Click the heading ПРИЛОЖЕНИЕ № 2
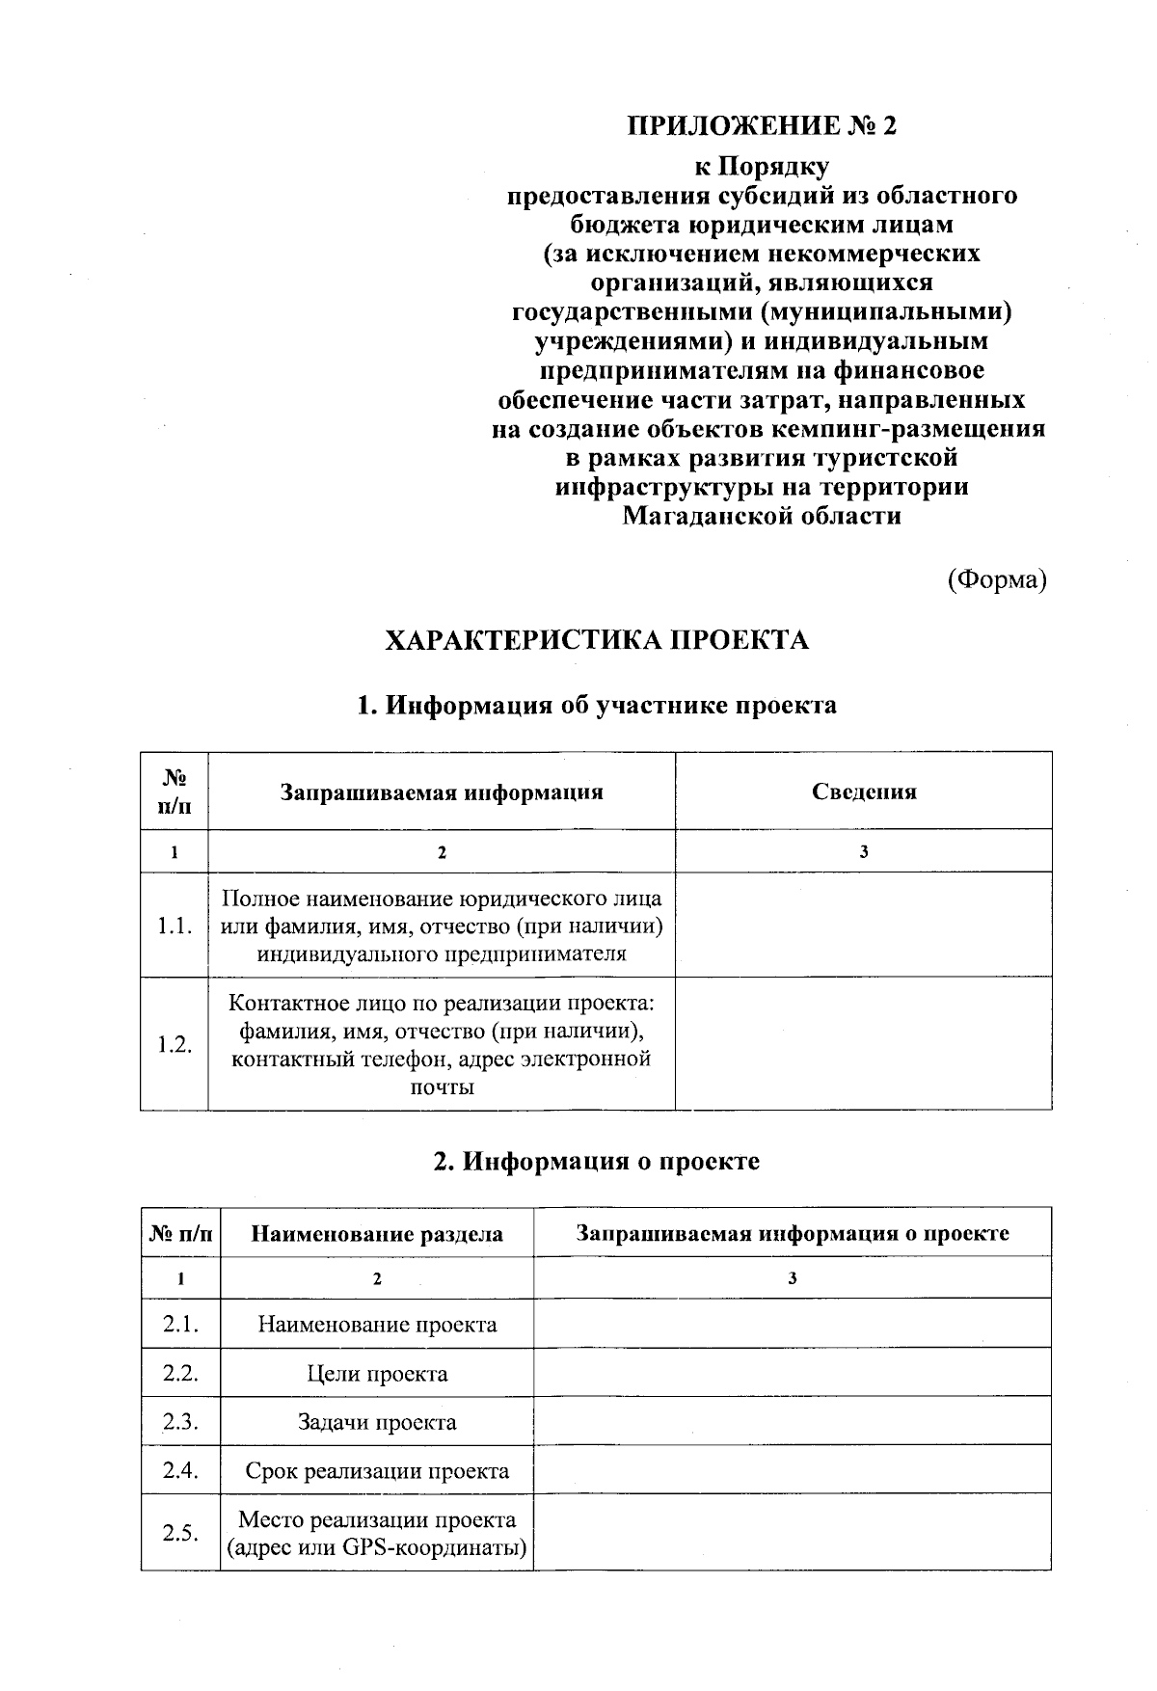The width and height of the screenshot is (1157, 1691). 762,126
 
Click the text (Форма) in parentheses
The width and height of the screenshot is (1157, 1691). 996,579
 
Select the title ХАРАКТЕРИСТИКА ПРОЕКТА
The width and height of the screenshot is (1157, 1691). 597,640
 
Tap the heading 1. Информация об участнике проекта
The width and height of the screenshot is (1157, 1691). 597,706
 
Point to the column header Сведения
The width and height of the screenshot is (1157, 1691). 863,792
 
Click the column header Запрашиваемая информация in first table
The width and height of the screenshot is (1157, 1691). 442,792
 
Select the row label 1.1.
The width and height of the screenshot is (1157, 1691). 175,926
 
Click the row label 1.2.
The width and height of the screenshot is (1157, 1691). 175,1045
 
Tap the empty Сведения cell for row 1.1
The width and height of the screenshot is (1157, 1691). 863,926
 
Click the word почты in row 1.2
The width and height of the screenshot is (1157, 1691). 442,1087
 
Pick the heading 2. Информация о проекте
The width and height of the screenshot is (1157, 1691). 597,1161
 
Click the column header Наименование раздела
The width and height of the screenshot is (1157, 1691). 377,1234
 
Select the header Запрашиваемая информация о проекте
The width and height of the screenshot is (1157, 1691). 792,1234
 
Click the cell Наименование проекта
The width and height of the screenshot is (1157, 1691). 377,1325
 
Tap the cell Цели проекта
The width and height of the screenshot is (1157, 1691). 377,1374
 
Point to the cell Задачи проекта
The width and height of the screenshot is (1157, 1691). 377,1423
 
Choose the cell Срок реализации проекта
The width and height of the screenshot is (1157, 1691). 377,1472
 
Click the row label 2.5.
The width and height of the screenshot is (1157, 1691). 180,1534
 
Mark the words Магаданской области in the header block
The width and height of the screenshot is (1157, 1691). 762,516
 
